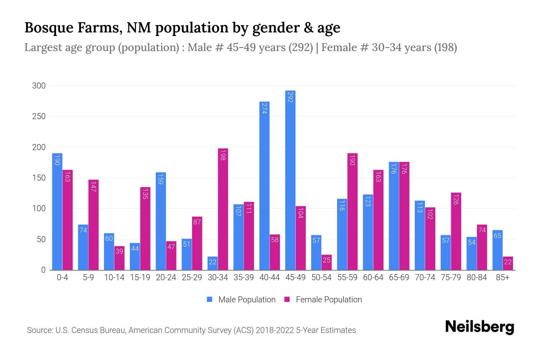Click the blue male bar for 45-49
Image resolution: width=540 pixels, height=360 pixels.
(290, 180)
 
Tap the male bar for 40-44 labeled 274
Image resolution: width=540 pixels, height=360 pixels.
(264, 186)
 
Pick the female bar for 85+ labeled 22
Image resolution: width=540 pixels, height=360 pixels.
(508, 263)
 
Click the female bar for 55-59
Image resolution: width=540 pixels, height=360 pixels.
(352, 211)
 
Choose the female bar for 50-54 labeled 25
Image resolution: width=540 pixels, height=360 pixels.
(327, 262)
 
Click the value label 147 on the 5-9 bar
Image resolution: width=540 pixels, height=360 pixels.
(93, 187)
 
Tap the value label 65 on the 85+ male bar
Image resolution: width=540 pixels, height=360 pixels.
(497, 236)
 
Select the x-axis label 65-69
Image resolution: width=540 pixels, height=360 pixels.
(399, 277)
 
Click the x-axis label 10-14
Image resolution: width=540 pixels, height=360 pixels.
(114, 277)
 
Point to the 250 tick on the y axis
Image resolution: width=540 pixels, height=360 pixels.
(39, 116)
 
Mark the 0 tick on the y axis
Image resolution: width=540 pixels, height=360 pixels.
(43, 270)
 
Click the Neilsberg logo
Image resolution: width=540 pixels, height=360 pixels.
(479, 327)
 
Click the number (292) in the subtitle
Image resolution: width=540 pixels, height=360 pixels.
(301, 47)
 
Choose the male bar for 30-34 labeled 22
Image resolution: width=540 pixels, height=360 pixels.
(212, 263)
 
